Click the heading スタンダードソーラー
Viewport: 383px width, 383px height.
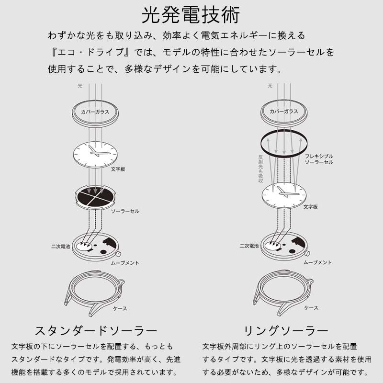[x=96, y=331]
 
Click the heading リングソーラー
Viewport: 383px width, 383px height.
[x=286, y=331]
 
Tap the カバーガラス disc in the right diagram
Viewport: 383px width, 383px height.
[x=283, y=112]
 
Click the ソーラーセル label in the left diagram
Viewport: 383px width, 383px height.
[x=125, y=211]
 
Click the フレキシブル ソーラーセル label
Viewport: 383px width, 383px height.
[x=319, y=159]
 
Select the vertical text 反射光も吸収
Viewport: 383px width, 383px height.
[x=260, y=169]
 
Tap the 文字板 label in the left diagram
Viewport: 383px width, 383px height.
[x=118, y=169]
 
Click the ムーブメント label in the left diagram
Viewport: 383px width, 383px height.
[x=125, y=263]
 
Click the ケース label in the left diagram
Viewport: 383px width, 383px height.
[x=120, y=308]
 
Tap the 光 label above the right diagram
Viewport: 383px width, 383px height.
[x=270, y=86]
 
